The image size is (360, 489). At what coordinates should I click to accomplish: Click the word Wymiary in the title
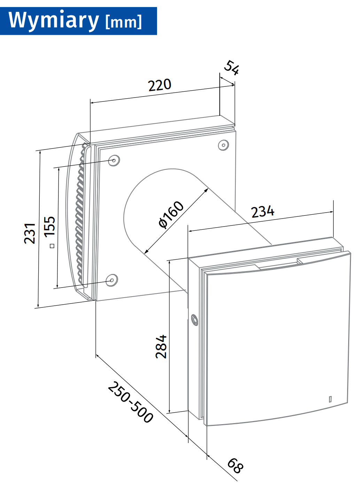point(54,21)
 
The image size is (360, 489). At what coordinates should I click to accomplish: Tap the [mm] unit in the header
point(124,22)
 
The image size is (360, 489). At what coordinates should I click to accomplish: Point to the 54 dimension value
point(232,68)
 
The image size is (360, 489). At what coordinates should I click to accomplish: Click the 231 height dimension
point(30,233)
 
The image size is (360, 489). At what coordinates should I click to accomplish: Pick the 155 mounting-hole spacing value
point(50,227)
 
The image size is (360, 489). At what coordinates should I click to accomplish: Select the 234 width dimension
point(263,211)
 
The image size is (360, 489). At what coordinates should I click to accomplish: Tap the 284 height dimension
point(161,346)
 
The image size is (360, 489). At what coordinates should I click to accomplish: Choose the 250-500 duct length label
point(131,403)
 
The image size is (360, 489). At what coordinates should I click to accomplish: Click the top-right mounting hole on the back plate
point(224,145)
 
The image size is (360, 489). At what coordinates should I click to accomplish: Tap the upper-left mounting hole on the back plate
point(114,160)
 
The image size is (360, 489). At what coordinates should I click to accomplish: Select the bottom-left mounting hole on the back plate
point(112,280)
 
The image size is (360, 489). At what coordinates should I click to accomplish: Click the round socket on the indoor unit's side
point(195,320)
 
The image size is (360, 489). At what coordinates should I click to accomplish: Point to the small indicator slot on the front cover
point(330,399)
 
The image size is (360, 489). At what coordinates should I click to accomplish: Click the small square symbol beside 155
point(52,246)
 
